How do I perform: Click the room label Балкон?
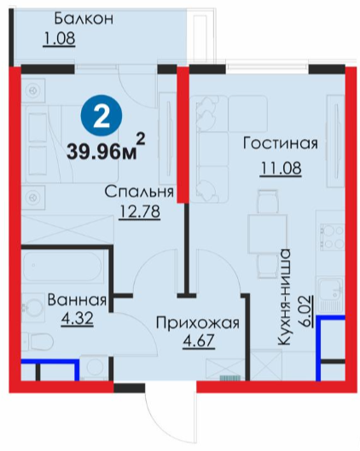click(84, 19)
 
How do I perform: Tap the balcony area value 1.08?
click(59, 38)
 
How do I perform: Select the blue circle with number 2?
click(102, 116)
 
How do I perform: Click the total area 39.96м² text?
click(106, 148)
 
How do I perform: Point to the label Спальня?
click(139, 192)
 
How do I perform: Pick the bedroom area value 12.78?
click(139, 212)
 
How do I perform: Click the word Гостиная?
click(281, 143)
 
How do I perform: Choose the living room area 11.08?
click(281, 168)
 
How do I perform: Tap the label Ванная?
click(77, 300)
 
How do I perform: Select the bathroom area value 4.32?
click(77, 319)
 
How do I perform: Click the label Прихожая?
click(197, 323)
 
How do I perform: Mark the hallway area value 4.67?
click(199, 341)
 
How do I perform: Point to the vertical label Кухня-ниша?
click(283, 297)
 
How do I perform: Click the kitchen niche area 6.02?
click(306, 311)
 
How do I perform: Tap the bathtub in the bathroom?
click(62, 267)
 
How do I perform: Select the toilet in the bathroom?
click(38, 342)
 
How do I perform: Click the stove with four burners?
click(332, 237)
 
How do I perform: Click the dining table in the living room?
click(267, 234)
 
